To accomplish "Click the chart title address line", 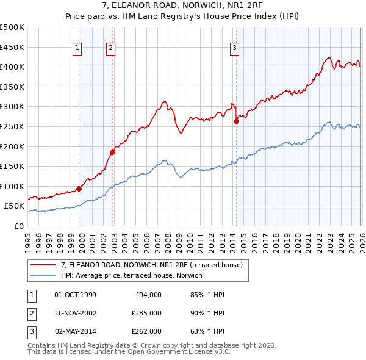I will click(182, 5).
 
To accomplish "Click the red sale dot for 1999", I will click(79, 189).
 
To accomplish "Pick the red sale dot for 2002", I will click(112, 152).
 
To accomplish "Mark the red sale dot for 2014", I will click(236, 121).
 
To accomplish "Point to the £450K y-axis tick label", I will click(12, 47).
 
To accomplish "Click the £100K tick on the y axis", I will click(12, 186).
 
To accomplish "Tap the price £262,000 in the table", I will click(146, 331).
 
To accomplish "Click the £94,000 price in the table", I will click(148, 295).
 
